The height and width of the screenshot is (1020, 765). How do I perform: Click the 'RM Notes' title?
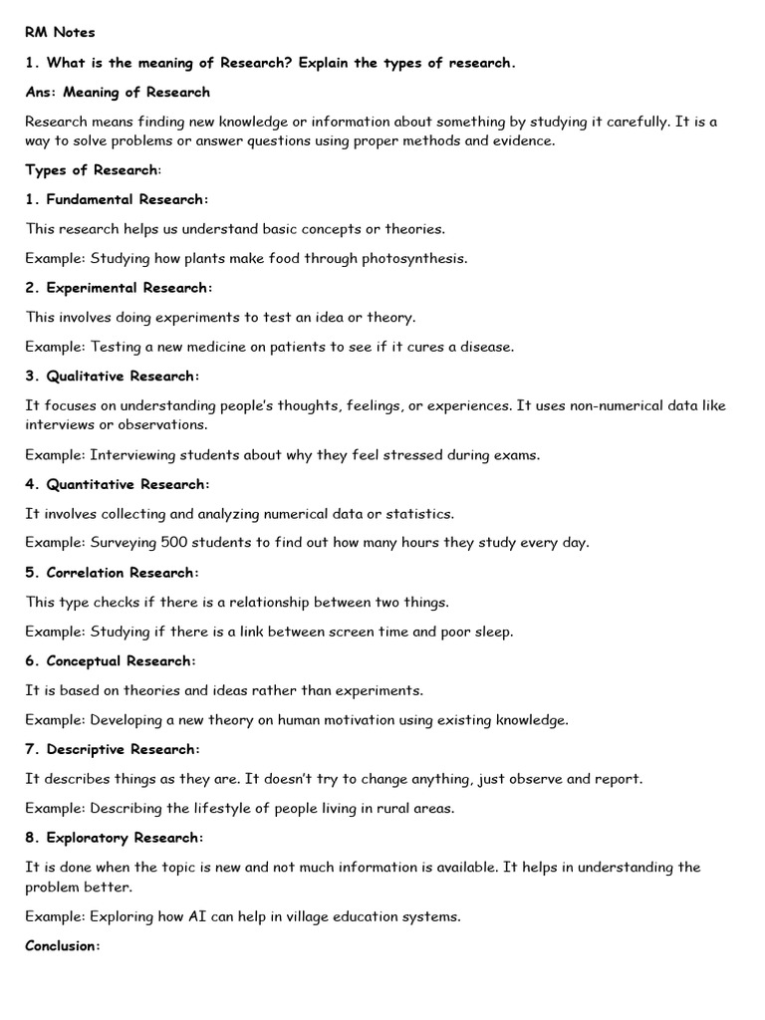coord(60,33)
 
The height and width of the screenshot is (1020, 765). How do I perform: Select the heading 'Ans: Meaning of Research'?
coord(118,92)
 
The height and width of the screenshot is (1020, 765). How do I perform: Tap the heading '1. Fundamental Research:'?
coord(118,199)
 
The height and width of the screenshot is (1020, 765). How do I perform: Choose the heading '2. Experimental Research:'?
coord(119,288)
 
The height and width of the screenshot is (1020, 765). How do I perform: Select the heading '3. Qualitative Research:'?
coord(113,377)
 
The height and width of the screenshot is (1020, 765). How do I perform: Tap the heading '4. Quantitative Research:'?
coord(118,484)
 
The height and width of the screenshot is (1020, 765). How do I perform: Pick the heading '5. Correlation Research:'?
coord(113,573)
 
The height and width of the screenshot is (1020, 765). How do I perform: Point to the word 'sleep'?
coord(494,632)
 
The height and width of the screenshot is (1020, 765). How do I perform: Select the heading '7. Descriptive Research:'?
coord(113,749)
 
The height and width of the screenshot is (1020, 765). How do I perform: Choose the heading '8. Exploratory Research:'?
coord(115,838)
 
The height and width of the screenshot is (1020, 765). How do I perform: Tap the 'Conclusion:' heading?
coord(63,946)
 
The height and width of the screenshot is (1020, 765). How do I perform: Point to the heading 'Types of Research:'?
coord(93,169)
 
